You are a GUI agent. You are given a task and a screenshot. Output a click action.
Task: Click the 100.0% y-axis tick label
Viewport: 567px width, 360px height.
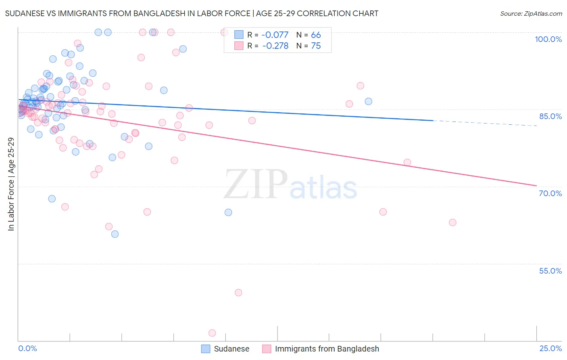pyautogui.click(x=548, y=39)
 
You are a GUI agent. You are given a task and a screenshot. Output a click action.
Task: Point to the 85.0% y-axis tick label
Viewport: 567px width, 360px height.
pyautogui.click(x=550, y=116)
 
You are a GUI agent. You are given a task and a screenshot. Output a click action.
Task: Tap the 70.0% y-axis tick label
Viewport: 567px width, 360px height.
pyautogui.click(x=550, y=193)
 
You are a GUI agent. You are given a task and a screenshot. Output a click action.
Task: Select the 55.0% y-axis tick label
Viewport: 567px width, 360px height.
pyautogui.click(x=550, y=271)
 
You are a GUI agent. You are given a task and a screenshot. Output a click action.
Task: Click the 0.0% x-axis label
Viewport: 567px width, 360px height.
pyautogui.click(x=27, y=348)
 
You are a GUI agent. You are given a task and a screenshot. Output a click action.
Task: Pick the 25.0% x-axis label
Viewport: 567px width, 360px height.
pyautogui.click(x=550, y=348)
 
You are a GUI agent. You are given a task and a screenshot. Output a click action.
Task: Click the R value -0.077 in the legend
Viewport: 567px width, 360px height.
pyautogui.click(x=275, y=35)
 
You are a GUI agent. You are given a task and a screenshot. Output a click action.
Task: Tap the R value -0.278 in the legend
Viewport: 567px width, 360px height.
pyautogui.click(x=275, y=46)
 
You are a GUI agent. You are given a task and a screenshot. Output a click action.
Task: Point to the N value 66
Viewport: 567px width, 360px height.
pyautogui.click(x=316, y=35)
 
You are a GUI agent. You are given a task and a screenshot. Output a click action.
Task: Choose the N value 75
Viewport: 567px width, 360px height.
pyautogui.click(x=316, y=46)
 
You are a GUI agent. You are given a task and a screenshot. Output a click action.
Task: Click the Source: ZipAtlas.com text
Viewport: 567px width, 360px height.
pyautogui.click(x=531, y=13)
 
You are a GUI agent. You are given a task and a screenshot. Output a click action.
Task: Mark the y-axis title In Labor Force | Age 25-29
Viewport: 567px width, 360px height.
pyautogui.click(x=11, y=184)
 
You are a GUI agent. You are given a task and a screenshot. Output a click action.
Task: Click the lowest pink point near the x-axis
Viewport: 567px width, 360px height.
pyautogui.click(x=212, y=333)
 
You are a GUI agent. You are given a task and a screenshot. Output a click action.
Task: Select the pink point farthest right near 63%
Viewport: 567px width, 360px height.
pyautogui.click(x=452, y=222)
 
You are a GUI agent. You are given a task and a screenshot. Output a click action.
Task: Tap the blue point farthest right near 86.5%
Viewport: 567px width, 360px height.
pyautogui.click(x=368, y=101)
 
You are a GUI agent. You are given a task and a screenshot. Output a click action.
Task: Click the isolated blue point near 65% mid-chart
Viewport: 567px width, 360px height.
pyautogui.click(x=228, y=212)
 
